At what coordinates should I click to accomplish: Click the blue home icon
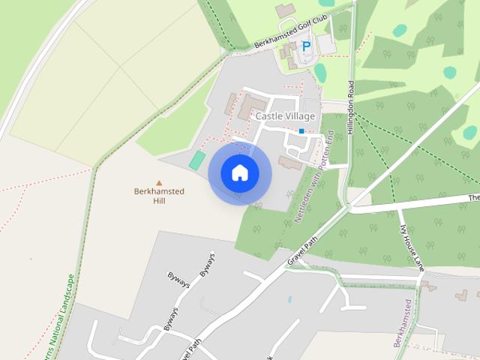tap(239, 172)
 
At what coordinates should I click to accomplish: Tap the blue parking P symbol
tap(306, 46)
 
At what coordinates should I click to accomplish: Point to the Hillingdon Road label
tap(350, 106)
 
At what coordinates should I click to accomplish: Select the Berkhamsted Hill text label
tap(159, 196)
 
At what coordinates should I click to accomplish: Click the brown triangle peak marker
tap(159, 182)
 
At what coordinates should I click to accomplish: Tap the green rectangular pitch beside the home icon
tap(196, 160)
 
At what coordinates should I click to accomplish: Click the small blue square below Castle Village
tap(301, 131)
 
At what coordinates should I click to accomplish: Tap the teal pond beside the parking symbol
tap(320, 73)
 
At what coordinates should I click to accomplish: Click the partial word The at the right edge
tap(473, 198)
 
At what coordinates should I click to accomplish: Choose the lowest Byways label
tap(171, 319)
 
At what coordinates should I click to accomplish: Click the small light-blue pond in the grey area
tap(289, 299)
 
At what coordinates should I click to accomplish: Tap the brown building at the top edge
tap(285, 10)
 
